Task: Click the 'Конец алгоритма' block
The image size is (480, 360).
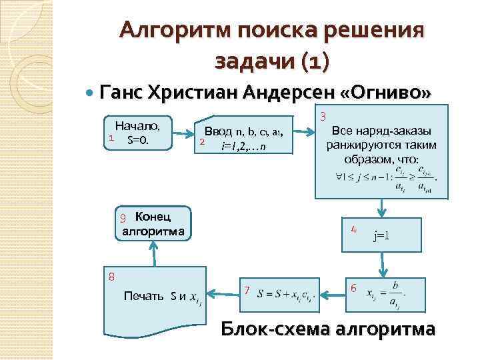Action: (153, 223)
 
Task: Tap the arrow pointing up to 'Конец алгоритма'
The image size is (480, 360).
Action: (153, 252)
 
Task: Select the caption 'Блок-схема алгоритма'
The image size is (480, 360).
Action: (328, 330)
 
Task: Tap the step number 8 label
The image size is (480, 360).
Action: (112, 276)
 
